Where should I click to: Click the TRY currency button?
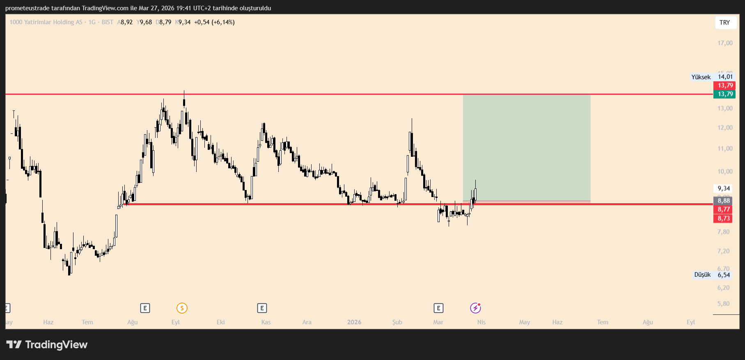click(x=724, y=23)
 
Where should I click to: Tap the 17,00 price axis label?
click(x=725, y=43)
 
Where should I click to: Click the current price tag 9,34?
click(x=724, y=188)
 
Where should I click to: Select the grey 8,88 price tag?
click(x=724, y=201)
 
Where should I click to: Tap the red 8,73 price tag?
click(x=724, y=218)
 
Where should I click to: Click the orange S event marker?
click(x=182, y=308)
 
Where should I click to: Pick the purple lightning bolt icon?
click(x=475, y=308)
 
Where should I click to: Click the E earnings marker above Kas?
click(x=262, y=308)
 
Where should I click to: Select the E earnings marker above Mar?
click(x=438, y=308)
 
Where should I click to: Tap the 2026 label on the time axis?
click(x=354, y=322)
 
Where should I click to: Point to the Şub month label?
click(x=397, y=322)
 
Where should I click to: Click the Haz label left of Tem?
click(x=48, y=322)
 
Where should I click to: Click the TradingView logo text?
click(x=56, y=345)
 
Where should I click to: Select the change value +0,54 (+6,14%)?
click(x=214, y=22)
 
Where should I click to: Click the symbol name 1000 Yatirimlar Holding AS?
click(x=46, y=22)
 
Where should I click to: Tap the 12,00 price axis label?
click(x=725, y=128)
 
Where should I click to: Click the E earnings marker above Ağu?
click(x=145, y=308)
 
